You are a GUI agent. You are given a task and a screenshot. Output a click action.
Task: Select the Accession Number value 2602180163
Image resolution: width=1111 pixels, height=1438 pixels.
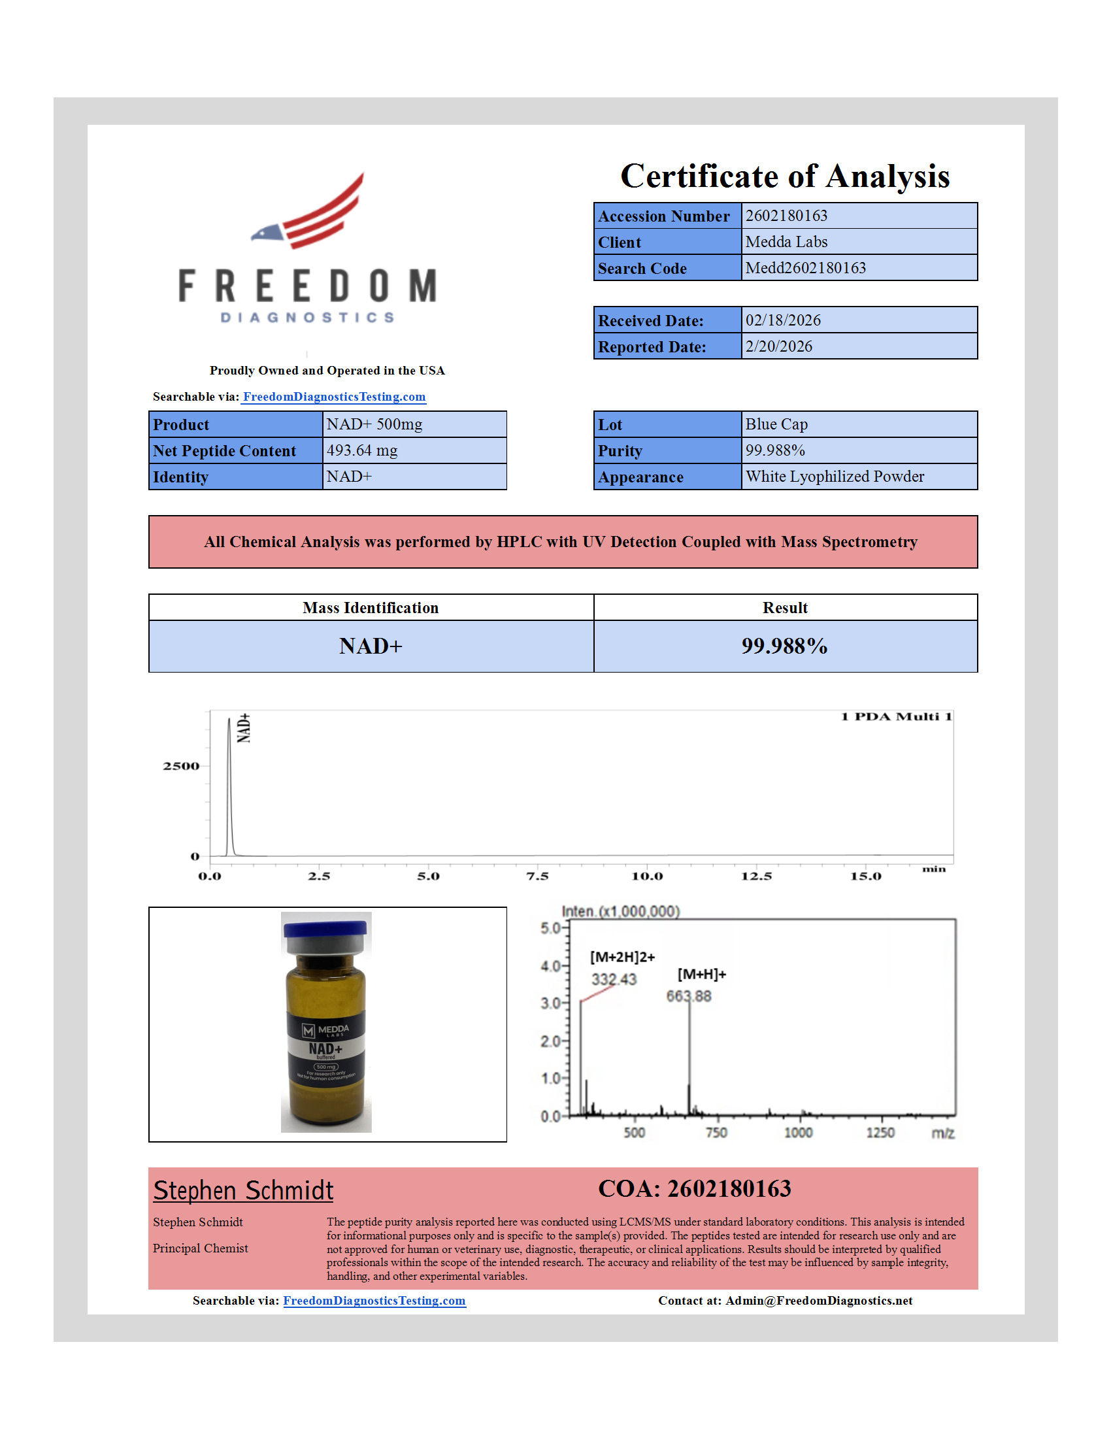coord(786,216)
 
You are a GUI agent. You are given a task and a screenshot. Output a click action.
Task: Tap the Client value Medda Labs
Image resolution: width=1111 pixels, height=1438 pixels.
coord(786,242)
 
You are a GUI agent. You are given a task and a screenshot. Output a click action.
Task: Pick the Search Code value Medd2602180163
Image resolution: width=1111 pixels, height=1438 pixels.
coord(805,268)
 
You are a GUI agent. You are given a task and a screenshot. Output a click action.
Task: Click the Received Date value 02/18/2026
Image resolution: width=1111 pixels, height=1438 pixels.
coord(782,321)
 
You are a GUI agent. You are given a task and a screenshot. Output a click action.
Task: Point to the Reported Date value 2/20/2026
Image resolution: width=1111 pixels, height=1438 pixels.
coord(778,346)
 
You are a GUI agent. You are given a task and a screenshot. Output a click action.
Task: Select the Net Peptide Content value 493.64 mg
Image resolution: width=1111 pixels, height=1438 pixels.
coord(362,450)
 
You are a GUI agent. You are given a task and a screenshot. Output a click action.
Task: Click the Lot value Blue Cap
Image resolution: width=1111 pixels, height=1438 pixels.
coord(776,425)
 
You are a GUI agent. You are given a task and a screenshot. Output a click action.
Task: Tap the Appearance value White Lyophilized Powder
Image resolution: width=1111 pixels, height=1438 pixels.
coord(834,477)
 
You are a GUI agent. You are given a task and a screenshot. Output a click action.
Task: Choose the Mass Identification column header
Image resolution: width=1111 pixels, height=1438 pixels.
coord(371,608)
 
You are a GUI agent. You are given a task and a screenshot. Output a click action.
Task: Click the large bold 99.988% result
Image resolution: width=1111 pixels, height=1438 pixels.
coord(784,646)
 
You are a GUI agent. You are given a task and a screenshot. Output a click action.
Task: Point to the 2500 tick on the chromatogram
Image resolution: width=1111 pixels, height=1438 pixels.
coord(181,766)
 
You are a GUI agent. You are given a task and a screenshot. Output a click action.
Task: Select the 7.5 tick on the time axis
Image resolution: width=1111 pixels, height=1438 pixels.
coord(537,877)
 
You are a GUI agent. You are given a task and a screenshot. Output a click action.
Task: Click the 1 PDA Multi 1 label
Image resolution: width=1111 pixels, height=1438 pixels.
coord(896,717)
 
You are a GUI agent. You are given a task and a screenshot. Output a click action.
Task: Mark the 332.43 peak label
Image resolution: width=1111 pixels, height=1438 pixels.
coord(614,979)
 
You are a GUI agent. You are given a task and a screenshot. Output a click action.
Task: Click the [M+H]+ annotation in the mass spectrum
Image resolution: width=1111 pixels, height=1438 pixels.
coord(701,975)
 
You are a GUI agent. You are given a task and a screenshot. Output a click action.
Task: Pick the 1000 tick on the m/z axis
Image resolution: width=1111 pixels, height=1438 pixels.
coord(798,1133)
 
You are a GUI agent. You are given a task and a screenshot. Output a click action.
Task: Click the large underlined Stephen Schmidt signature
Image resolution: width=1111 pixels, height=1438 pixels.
coord(244,1190)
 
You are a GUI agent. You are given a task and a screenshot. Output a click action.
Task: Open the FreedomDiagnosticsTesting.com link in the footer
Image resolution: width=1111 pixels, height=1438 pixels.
coord(374,1300)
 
